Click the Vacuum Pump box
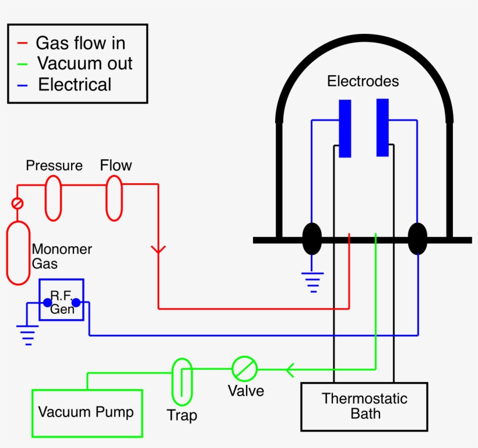87,413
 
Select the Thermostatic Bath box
364,407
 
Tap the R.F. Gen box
62,299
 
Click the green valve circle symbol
244,369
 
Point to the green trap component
182,381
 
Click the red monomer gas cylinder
18,253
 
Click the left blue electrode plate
345,128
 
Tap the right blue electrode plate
382,128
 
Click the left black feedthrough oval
312,239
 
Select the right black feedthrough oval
417,239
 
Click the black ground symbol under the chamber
313,281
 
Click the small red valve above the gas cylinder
17,204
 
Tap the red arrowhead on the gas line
158,250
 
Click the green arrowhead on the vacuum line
289,369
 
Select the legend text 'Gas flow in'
80,43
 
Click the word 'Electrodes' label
363,81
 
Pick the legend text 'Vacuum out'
85,64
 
